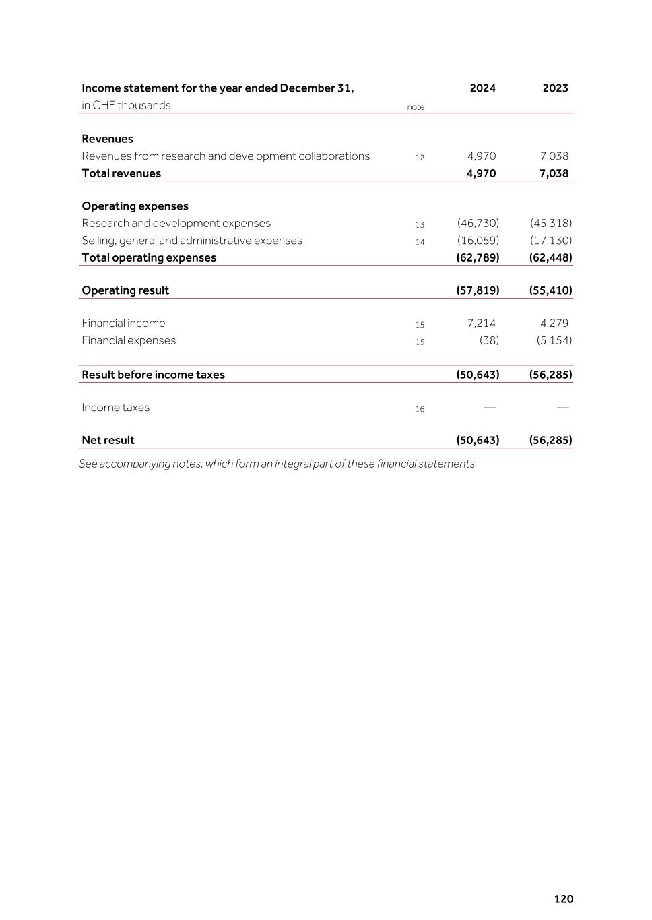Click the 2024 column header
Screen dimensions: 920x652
pyautogui.click(x=482, y=88)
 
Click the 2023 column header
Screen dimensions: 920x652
pyautogui.click(x=555, y=88)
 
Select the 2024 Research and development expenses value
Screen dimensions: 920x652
pyautogui.click(x=478, y=223)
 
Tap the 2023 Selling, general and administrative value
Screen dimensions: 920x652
pyautogui.click(x=551, y=241)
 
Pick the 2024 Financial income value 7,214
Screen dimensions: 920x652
pyautogui.click(x=482, y=324)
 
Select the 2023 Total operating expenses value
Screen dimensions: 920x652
pyautogui.click(x=551, y=257)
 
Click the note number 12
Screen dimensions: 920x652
pyautogui.click(x=420, y=158)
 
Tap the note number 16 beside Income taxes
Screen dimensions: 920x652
pyautogui.click(x=420, y=409)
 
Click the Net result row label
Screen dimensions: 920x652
pyautogui.click(x=108, y=440)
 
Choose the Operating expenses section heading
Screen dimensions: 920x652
pyautogui.click(x=135, y=206)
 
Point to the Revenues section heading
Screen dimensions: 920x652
pyautogui.click(x=107, y=139)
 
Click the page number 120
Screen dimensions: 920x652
pyautogui.click(x=564, y=899)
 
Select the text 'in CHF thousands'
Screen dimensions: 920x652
pyautogui.click(x=126, y=105)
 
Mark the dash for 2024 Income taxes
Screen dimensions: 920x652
pyautogui.click(x=490, y=408)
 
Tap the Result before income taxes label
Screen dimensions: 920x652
pyautogui.click(x=153, y=375)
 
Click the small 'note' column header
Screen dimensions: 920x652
pyautogui.click(x=416, y=107)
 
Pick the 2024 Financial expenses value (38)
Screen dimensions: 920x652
pyautogui.click(x=489, y=340)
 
